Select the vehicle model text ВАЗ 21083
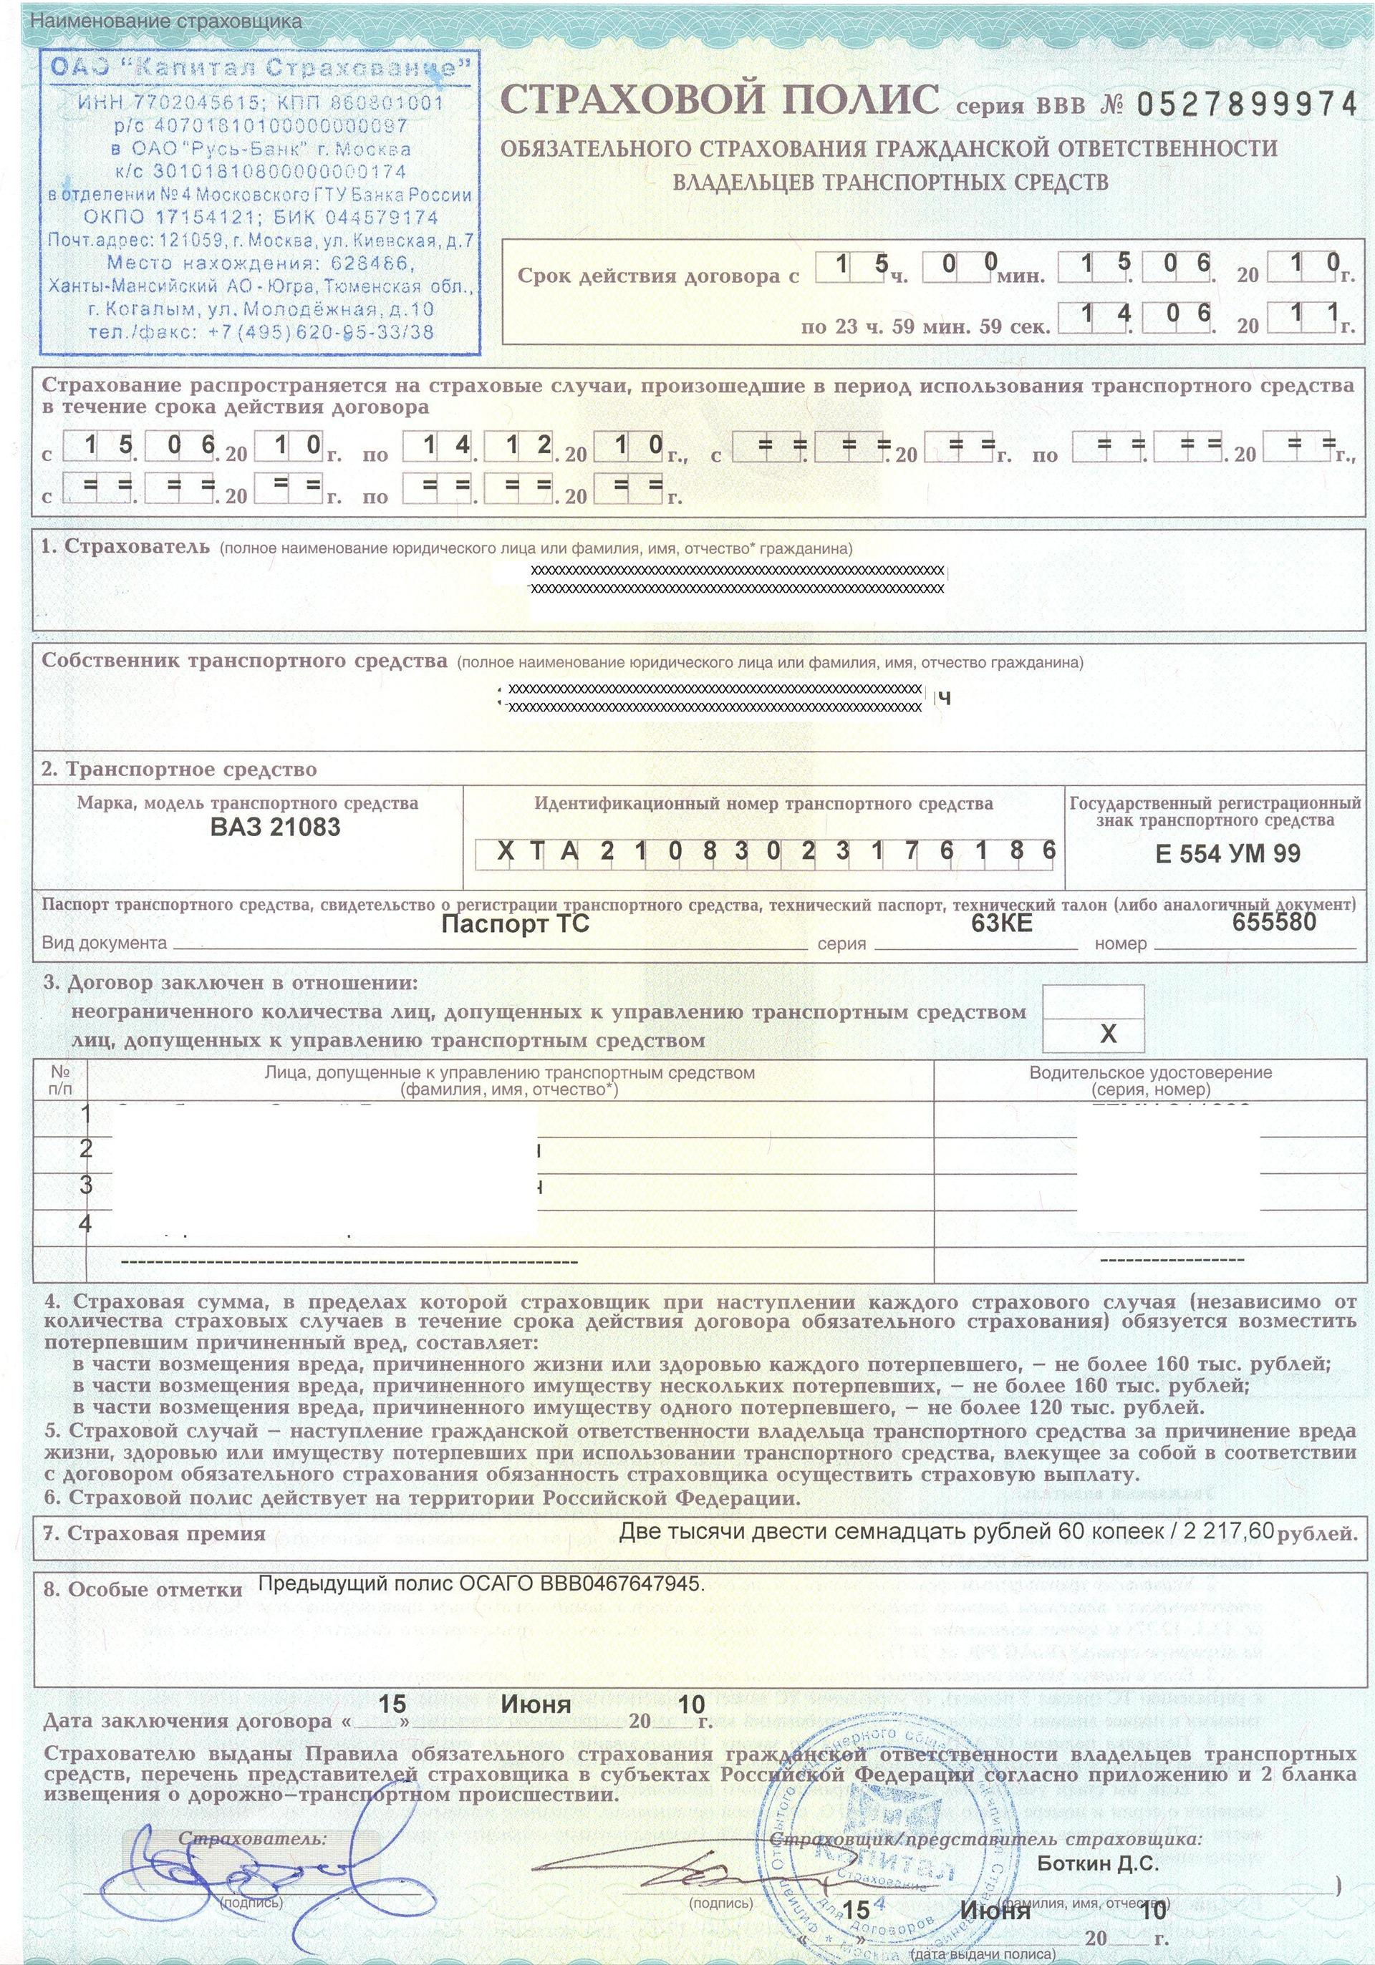click(275, 827)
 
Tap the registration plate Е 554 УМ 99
click(1227, 853)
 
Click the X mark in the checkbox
click(1108, 1033)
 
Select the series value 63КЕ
click(1002, 923)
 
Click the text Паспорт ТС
click(515, 923)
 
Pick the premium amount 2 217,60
click(1230, 1531)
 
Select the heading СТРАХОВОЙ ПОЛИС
click(720, 100)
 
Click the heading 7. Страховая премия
click(154, 1533)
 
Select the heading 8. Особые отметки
click(143, 1589)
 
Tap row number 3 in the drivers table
click(86, 1185)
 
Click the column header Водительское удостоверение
click(1150, 1072)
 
